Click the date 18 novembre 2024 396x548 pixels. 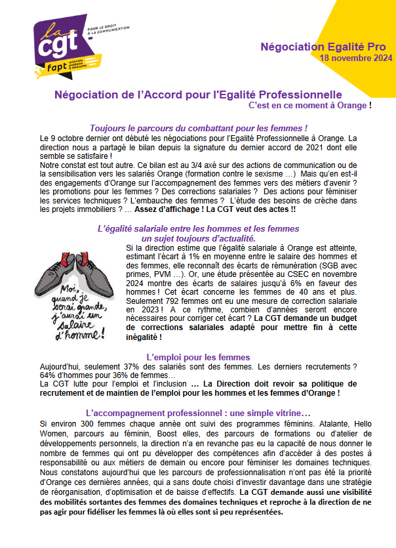[356, 58]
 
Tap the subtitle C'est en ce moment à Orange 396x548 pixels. [309, 105]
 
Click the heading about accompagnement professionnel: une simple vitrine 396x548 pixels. [198, 413]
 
